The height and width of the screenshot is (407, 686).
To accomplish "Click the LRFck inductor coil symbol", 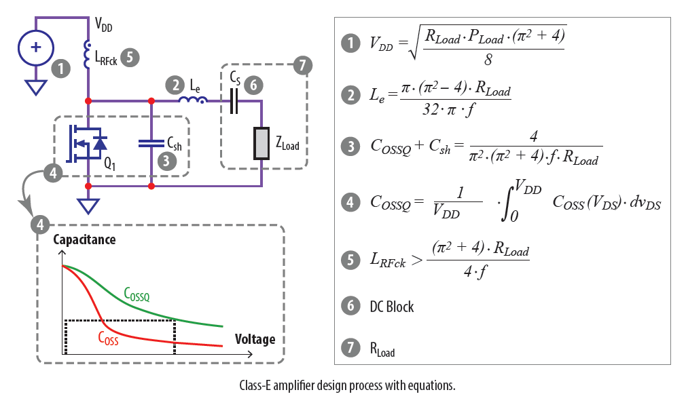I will [88, 56].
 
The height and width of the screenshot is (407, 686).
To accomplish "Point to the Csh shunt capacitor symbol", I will [151, 143].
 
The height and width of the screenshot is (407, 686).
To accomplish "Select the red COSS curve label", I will [108, 337].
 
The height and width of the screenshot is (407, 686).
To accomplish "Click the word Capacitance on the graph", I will [84, 239].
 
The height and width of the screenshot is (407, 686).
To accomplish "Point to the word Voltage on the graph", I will [255, 338].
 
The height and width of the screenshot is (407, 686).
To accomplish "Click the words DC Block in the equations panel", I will [391, 306].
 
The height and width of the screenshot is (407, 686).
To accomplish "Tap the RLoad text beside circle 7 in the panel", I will [382, 349].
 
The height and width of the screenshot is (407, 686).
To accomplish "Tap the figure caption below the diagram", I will [346, 385].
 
